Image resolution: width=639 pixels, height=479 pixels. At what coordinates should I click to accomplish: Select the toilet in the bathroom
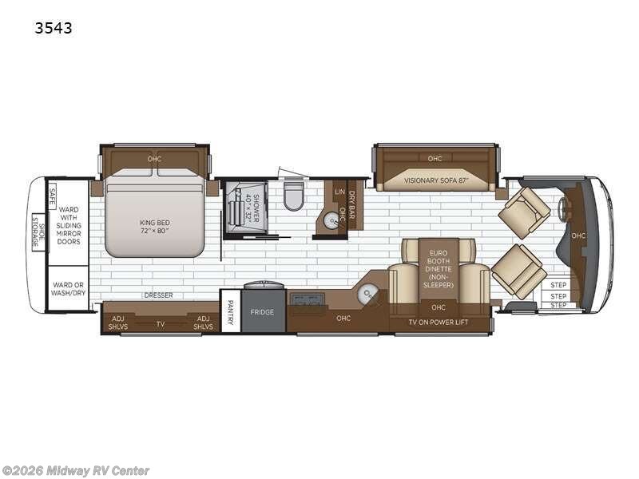point(294,196)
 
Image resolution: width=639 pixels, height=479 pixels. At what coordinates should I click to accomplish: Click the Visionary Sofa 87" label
point(435,180)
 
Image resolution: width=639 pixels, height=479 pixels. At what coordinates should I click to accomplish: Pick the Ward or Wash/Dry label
point(69,288)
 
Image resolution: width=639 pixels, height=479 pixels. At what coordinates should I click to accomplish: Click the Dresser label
point(158,295)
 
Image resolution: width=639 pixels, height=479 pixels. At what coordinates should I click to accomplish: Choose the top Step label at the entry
point(558,285)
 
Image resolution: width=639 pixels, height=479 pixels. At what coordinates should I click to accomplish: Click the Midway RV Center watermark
point(76,471)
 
